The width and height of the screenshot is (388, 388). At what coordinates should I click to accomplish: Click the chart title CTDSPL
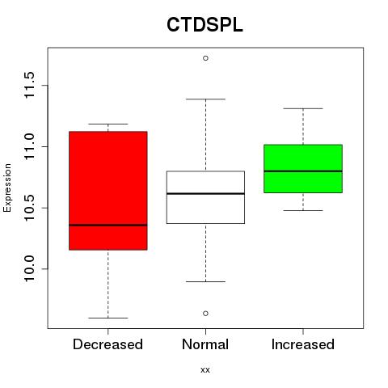[205, 25]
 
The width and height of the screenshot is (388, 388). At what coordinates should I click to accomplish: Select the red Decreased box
[108, 191]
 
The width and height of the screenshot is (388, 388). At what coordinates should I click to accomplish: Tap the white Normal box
[205, 197]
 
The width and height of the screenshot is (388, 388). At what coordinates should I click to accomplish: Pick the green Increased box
[303, 169]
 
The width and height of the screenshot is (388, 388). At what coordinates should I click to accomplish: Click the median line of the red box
[108, 225]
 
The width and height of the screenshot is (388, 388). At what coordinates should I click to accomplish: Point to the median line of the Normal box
[205, 193]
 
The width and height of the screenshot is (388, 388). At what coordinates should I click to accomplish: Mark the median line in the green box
[303, 171]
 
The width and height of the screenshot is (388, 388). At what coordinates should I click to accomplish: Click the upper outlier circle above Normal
[205, 58]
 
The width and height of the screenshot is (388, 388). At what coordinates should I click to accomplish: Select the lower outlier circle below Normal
[205, 314]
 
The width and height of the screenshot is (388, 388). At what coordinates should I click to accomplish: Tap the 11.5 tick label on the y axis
[29, 85]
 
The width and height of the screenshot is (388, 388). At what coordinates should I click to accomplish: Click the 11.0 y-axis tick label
[29, 146]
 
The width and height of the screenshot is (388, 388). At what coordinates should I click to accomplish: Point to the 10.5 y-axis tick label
[29, 208]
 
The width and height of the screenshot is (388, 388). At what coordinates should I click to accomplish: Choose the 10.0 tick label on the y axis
[29, 269]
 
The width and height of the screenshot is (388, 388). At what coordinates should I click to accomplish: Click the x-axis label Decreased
[108, 344]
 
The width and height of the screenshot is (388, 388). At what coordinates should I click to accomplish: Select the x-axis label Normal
[205, 344]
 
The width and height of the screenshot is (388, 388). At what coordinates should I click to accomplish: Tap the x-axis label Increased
[303, 344]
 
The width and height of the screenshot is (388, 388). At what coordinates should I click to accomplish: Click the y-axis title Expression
[7, 188]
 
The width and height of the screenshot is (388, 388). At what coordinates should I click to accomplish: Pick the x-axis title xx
[205, 370]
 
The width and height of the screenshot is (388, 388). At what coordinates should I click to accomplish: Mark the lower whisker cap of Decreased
[108, 318]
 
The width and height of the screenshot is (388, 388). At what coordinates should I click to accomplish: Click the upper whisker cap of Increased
[303, 108]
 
